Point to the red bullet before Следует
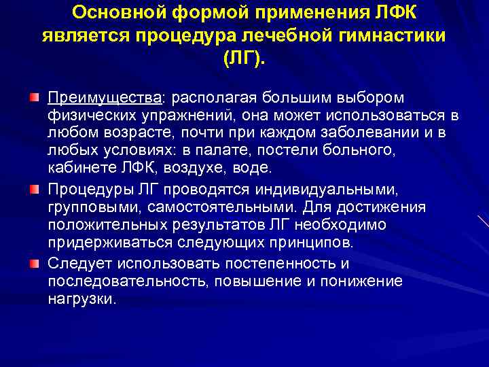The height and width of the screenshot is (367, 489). point(34,262)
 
